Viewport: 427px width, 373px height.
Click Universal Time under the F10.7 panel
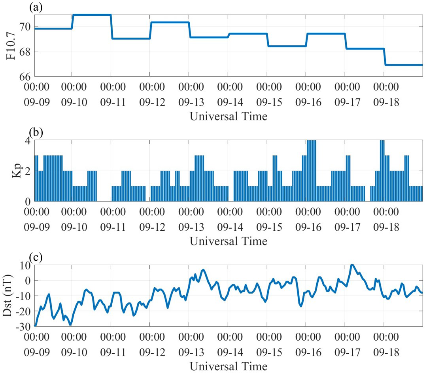coord(228,116)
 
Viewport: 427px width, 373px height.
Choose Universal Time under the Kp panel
coord(228,241)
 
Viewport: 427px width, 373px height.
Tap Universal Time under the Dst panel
coord(228,365)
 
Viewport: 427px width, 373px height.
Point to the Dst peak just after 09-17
coord(351,265)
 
